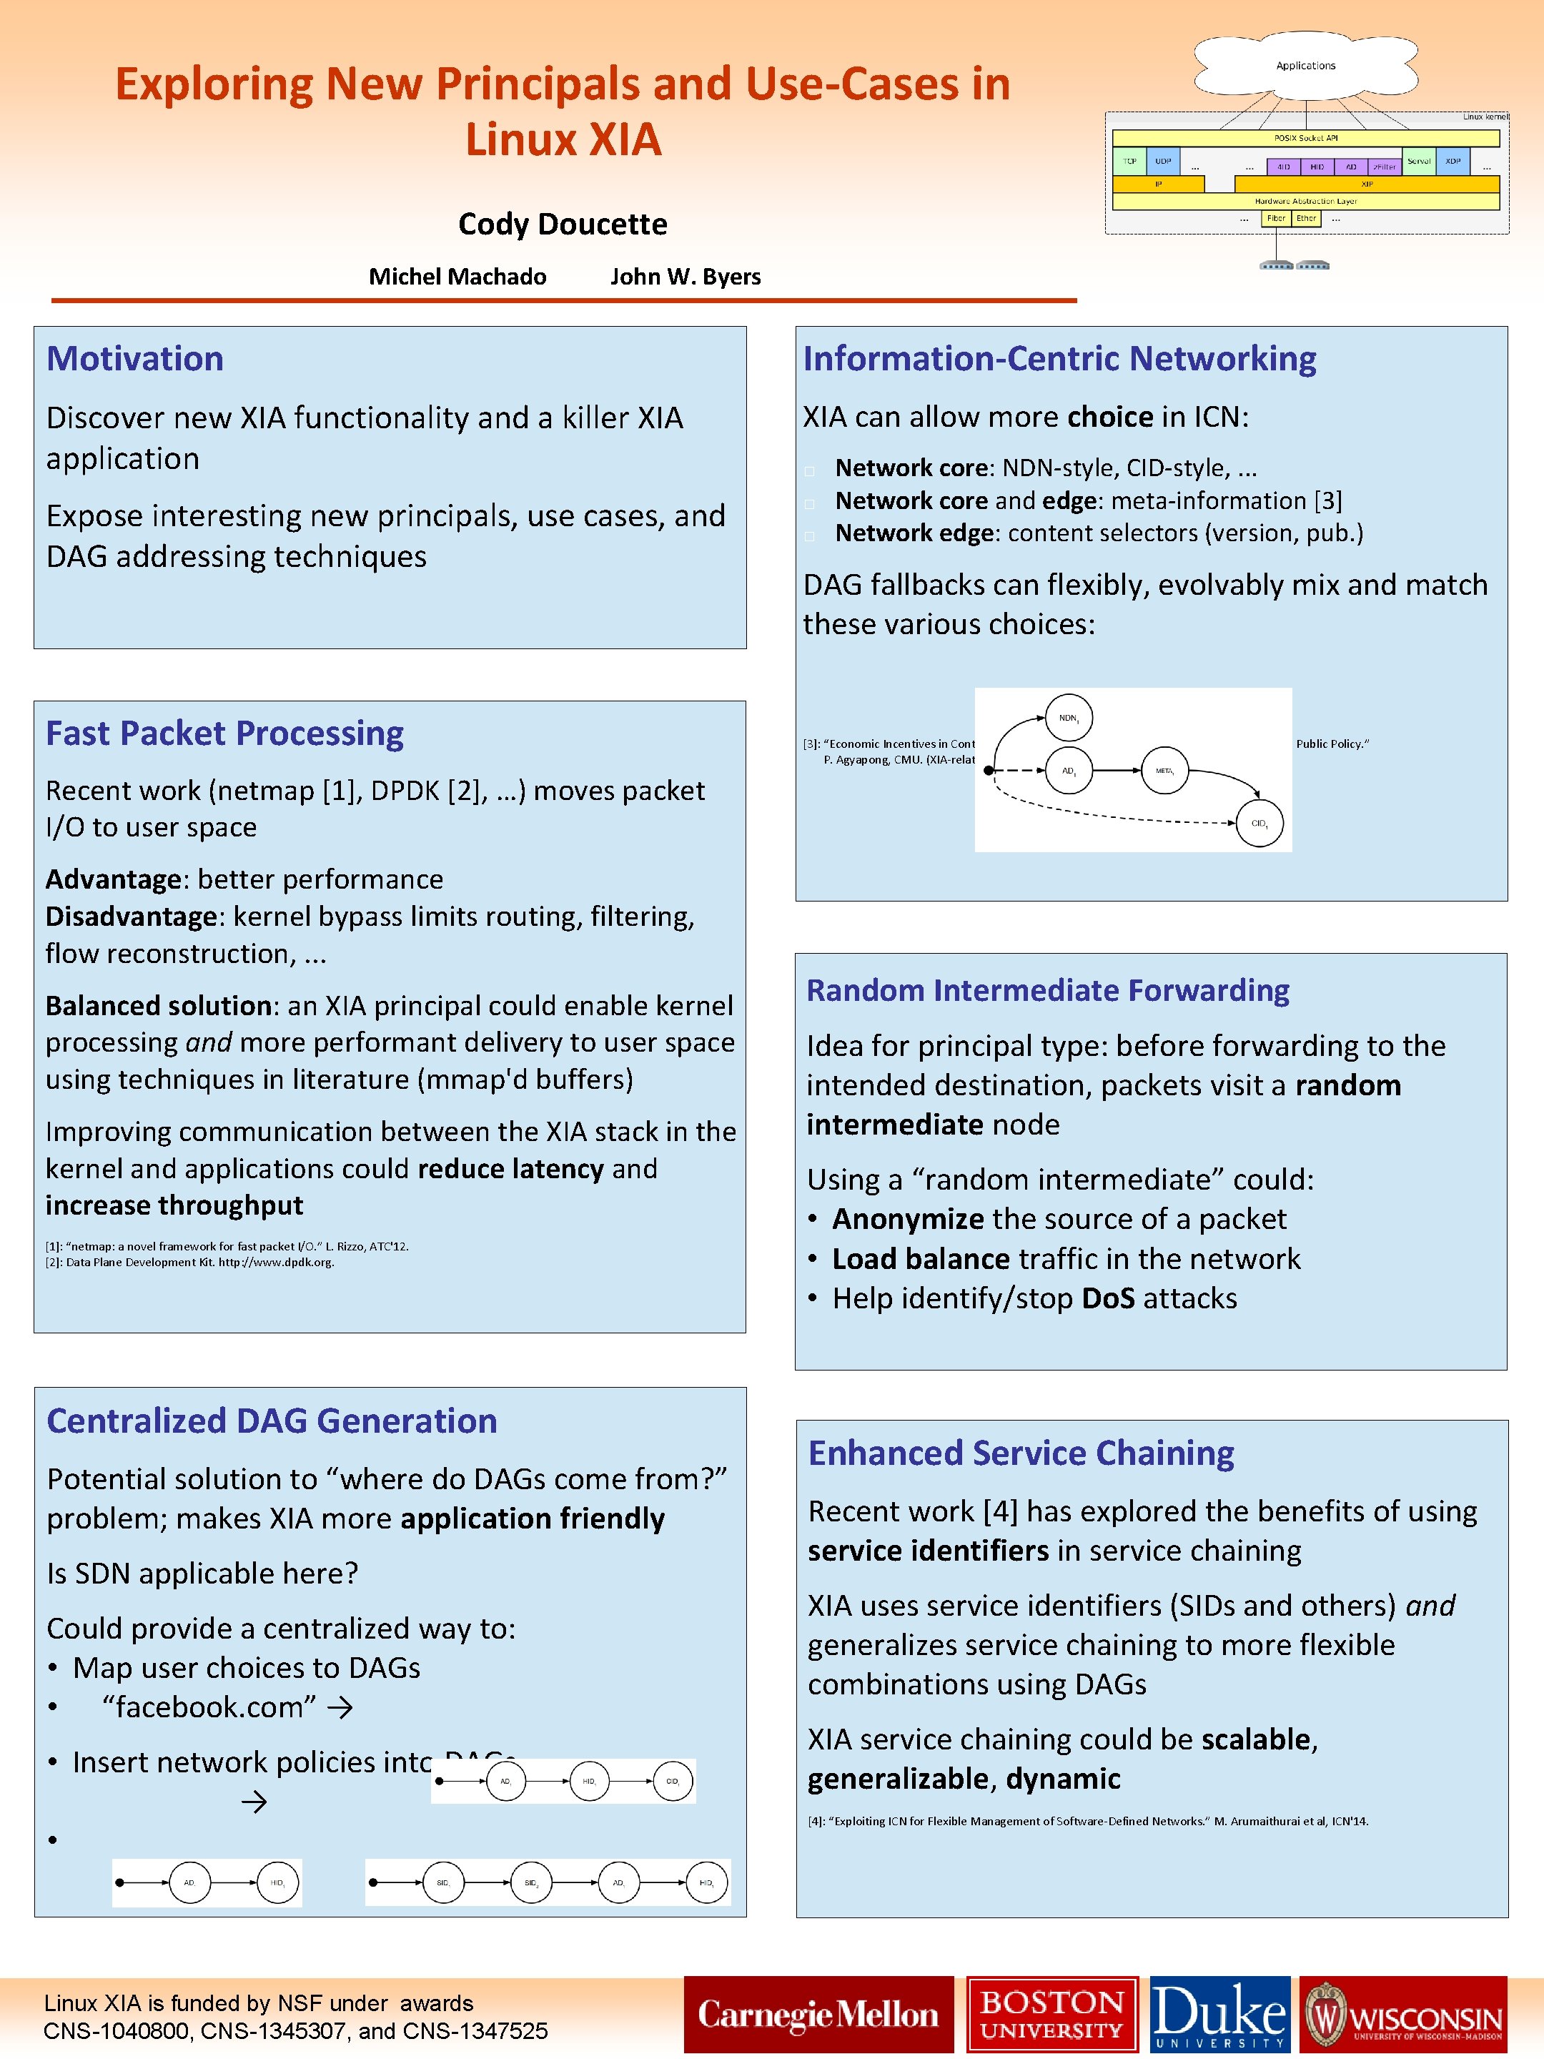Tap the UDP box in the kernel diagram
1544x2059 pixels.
1162,161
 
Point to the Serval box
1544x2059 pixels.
1418,161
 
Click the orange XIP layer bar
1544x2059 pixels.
1366,184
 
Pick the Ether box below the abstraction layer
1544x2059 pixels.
1306,219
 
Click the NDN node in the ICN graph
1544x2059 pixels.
1069,718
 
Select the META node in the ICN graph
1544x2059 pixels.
1164,771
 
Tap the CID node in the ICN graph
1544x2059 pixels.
1260,823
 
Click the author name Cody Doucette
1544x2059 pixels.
562,224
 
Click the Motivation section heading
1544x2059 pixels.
135,358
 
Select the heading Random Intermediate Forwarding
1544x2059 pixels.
1047,989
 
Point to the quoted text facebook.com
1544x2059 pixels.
209,1707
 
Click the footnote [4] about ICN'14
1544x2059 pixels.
1087,1821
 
